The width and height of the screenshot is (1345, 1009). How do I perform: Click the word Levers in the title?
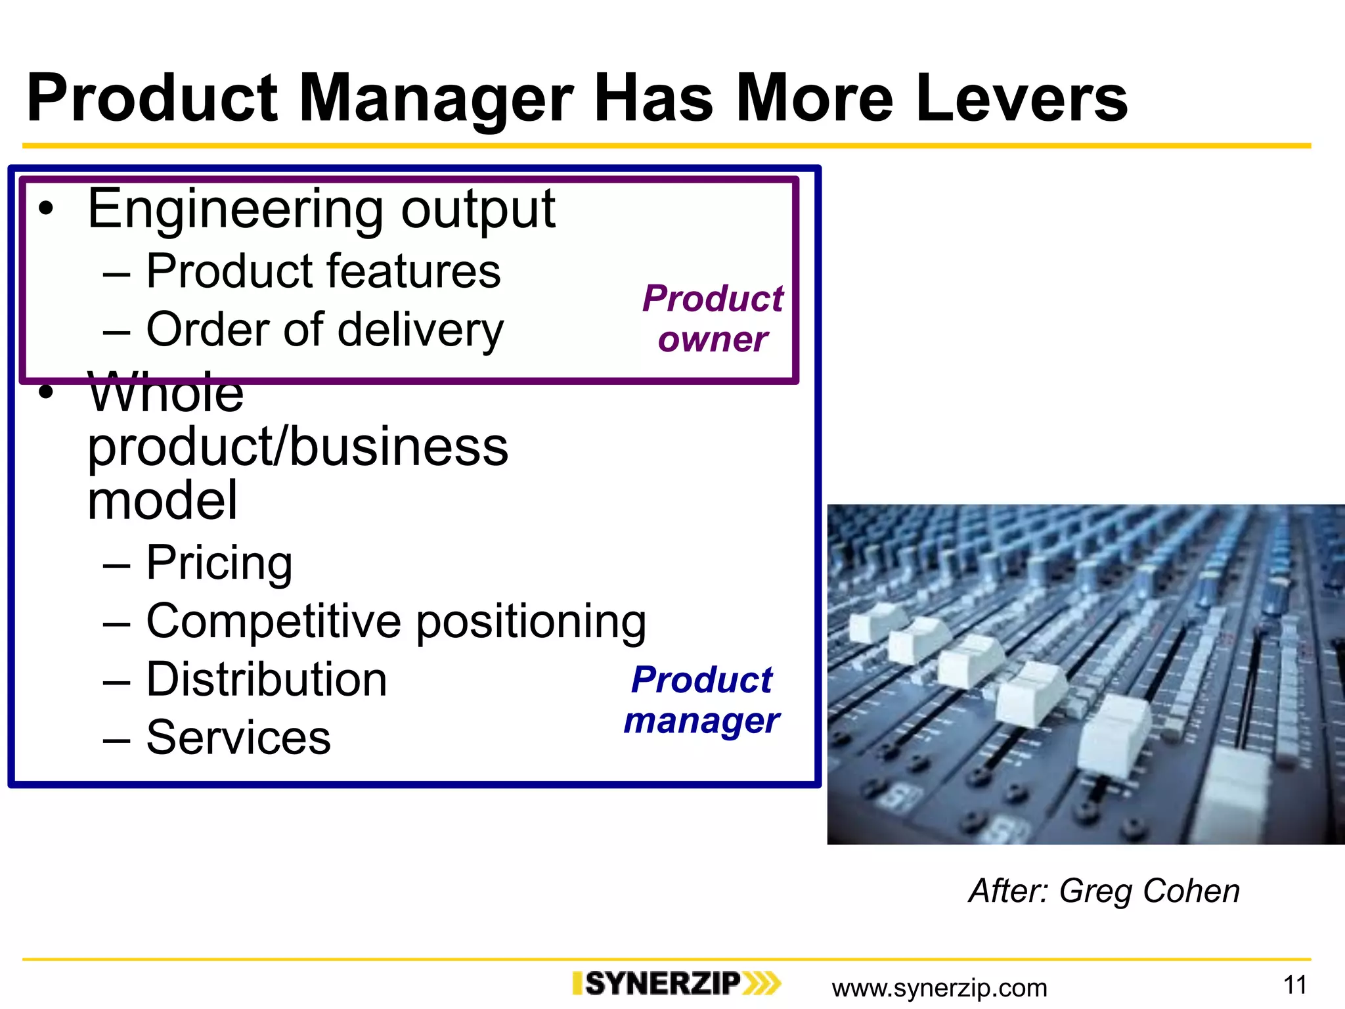[1021, 99]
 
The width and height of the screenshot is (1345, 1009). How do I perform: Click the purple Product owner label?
[713, 319]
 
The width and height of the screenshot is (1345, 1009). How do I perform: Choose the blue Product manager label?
[702, 700]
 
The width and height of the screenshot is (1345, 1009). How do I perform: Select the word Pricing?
[219, 563]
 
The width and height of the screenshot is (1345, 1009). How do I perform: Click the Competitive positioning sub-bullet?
[396, 621]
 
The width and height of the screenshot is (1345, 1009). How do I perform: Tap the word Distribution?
[267, 680]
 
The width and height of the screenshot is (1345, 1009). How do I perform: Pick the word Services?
[238, 738]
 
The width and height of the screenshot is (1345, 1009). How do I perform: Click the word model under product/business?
[162, 501]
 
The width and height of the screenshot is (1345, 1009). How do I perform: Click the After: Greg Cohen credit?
[1104, 891]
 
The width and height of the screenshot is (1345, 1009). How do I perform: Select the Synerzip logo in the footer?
[676, 984]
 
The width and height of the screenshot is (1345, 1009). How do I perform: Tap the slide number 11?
[1294, 985]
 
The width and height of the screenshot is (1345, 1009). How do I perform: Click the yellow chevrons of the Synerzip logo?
[762, 984]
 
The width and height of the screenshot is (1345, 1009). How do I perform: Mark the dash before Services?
[116, 739]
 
